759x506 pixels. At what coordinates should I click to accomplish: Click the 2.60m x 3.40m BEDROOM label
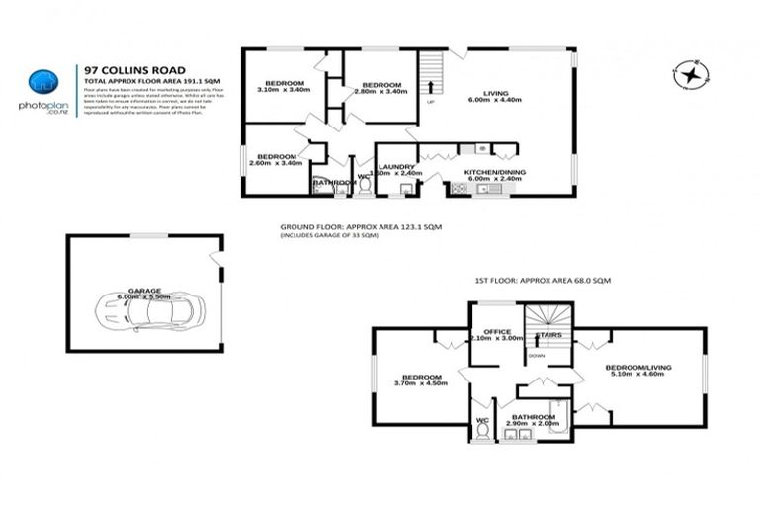click(277, 159)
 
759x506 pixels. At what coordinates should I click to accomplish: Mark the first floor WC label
click(482, 420)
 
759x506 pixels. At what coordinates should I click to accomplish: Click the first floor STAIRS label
click(549, 335)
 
